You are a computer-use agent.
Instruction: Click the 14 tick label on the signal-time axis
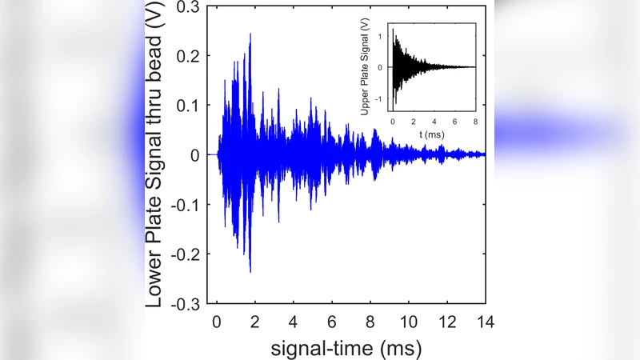485,322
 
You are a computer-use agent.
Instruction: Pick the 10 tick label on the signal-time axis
408,322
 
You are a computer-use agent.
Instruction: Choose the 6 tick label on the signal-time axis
331,322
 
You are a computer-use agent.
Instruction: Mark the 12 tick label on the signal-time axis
446,322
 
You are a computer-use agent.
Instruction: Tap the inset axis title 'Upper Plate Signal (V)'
365,67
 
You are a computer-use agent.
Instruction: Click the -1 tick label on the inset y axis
382,100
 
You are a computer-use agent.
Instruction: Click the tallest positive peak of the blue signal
251,35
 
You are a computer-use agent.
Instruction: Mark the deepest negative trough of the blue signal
250,271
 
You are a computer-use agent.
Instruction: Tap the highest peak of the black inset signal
393,30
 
